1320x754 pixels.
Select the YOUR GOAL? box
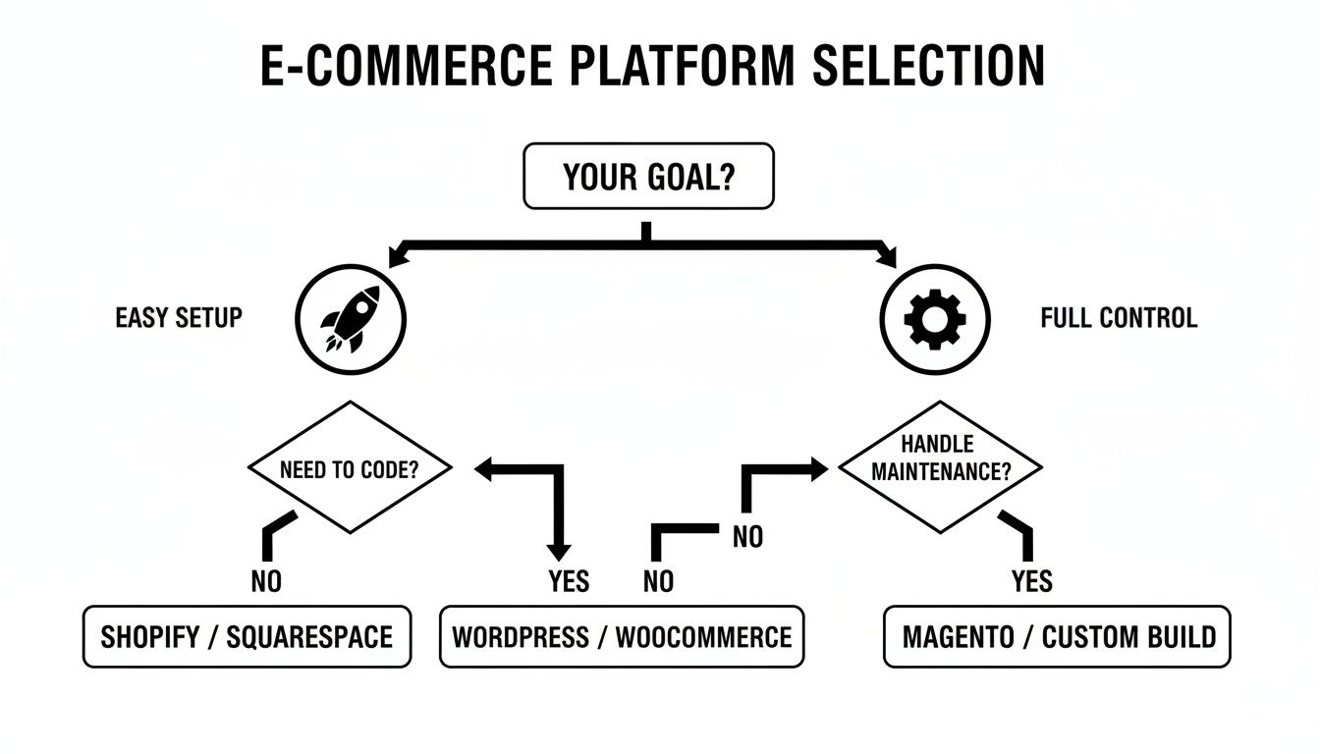pyautogui.click(x=648, y=177)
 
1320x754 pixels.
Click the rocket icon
pyautogui.click(x=351, y=318)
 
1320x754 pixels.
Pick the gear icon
pyautogui.click(x=934, y=318)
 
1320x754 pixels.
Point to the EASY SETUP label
pyautogui.click(x=179, y=318)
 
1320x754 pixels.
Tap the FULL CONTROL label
pyautogui.click(x=1119, y=318)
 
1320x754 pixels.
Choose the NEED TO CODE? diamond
pyautogui.click(x=350, y=468)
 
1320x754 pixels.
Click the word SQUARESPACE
pyautogui.click(x=309, y=637)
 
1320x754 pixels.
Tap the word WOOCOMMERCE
pyautogui.click(x=703, y=637)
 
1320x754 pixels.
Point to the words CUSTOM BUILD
pyautogui.click(x=1128, y=637)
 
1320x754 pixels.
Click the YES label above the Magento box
pyautogui.click(x=1031, y=582)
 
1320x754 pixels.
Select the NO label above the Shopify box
pyautogui.click(x=266, y=582)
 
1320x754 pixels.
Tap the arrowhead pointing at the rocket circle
pyautogui.click(x=397, y=258)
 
